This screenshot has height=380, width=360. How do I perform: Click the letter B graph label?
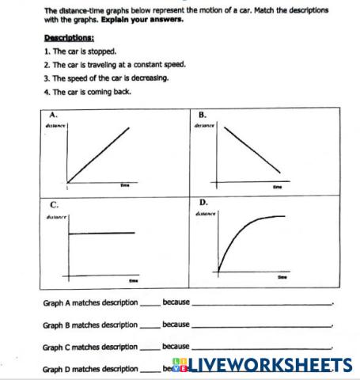click(202, 115)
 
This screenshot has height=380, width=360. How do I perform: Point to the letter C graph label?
click(53, 203)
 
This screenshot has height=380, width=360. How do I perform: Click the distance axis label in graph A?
click(55, 125)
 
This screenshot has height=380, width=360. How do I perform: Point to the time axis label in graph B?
click(277, 188)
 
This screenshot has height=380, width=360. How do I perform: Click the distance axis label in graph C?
click(56, 215)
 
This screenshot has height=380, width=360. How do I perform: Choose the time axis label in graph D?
click(282, 276)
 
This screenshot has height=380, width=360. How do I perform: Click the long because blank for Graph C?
click(261, 348)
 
